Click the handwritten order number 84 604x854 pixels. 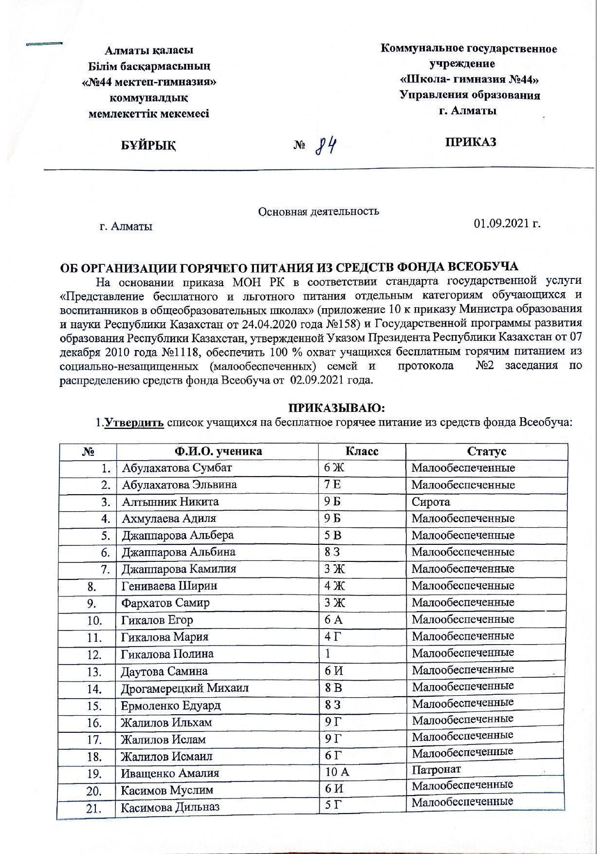(x=327, y=145)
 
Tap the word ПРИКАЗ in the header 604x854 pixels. (x=470, y=142)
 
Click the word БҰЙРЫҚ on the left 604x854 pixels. (x=148, y=145)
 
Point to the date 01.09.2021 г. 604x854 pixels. (x=507, y=223)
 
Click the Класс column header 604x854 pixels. (x=362, y=451)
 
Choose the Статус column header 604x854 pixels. (x=486, y=451)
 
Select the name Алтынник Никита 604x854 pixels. (x=170, y=501)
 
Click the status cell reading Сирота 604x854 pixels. (x=431, y=501)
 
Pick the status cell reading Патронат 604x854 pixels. (x=436, y=769)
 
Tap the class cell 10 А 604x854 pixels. (x=337, y=772)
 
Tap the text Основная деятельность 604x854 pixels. (x=318, y=211)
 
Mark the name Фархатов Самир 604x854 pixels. (x=165, y=603)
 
